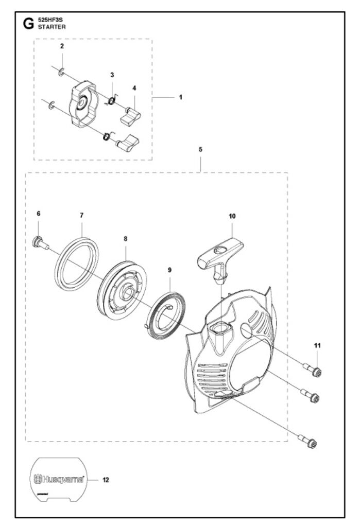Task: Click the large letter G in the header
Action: (x=28, y=24)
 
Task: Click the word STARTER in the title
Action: (x=52, y=27)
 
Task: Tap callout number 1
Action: (x=180, y=97)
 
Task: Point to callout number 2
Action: (x=62, y=46)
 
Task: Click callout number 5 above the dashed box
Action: (x=200, y=149)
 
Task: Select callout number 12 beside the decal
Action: (x=106, y=480)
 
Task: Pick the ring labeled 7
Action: (x=77, y=263)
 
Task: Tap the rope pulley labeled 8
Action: (x=124, y=290)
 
